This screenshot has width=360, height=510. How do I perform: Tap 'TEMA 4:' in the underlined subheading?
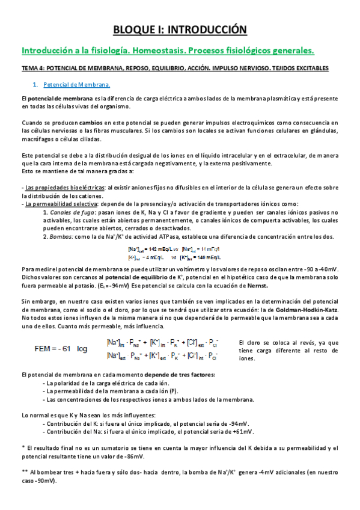[32, 69]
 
